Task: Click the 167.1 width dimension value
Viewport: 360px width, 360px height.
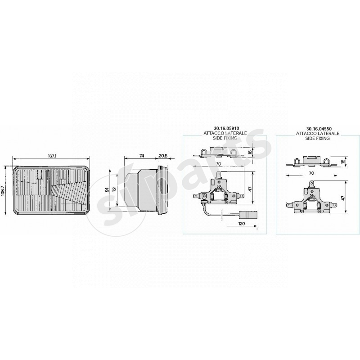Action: click(x=52, y=156)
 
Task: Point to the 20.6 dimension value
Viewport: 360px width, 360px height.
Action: click(x=163, y=156)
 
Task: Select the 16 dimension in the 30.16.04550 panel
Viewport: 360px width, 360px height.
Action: click(x=343, y=161)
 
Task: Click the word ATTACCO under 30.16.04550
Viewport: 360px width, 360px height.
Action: click(x=305, y=134)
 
